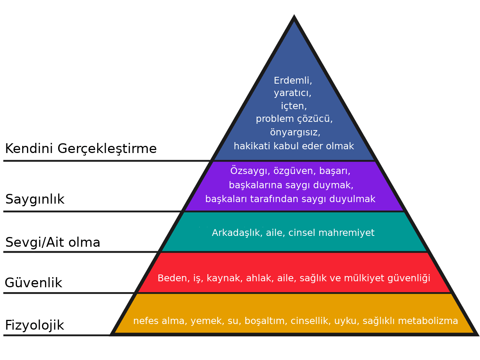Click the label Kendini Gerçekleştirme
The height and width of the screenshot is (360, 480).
pyautogui.click(x=81, y=149)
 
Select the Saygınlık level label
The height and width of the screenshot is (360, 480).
pyautogui.click(x=35, y=199)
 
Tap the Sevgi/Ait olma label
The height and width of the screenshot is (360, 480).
pyautogui.click(x=53, y=242)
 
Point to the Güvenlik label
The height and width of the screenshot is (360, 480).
pyautogui.click(x=33, y=283)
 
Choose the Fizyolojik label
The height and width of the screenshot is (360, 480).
pyautogui.click(x=34, y=325)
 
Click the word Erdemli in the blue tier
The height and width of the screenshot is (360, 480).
pyautogui.click(x=292, y=81)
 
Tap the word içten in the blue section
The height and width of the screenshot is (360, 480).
pyautogui.click(x=293, y=106)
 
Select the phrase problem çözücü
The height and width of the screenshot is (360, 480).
pyautogui.click(x=294, y=119)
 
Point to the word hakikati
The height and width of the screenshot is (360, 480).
pyautogui.click(x=250, y=146)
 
